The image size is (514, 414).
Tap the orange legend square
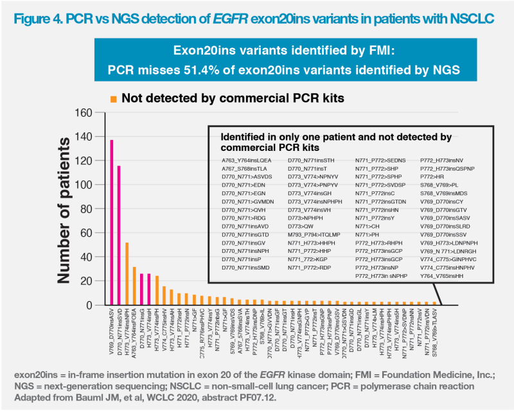coord(113,99)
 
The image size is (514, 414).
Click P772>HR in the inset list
coord(433,175)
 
